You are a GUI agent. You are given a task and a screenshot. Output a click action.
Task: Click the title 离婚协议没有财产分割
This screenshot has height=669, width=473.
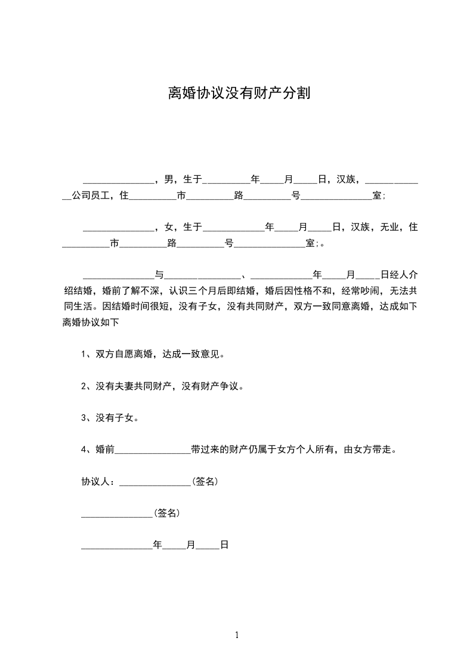[x=238, y=94]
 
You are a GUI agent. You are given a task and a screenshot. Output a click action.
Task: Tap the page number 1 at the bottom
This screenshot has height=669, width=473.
[x=237, y=635]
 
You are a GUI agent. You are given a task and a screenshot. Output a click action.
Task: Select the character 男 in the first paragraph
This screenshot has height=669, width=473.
[x=168, y=179]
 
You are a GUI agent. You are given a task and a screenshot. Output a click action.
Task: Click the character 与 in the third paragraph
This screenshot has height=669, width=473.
[x=159, y=275]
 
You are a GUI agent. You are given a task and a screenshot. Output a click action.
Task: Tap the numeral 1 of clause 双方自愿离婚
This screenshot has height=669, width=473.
[x=84, y=354]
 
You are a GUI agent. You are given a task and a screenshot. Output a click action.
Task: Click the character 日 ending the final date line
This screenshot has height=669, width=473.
[x=225, y=545]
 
